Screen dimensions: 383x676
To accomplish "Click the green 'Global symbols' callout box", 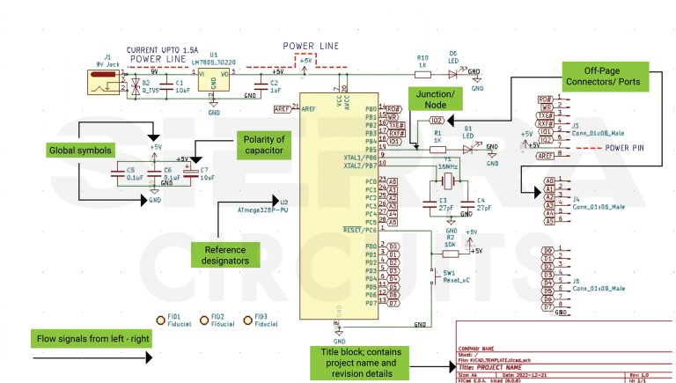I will tap(75, 151).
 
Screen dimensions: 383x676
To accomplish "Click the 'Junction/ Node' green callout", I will tap(435, 99).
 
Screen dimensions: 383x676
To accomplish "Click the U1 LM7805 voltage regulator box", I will tap(214, 79).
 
